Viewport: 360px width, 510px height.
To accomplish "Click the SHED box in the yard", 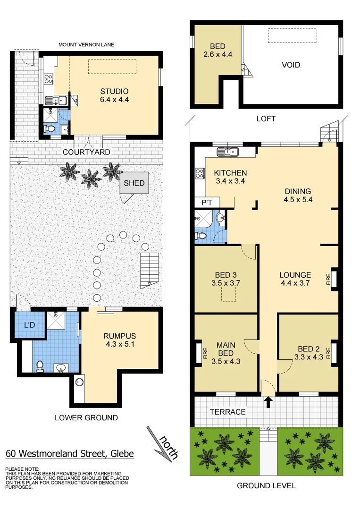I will [134, 184].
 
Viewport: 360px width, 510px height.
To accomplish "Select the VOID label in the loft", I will [291, 65].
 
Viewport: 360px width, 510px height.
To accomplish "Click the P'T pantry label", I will [207, 203].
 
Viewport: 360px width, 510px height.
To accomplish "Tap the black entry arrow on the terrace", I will [268, 402].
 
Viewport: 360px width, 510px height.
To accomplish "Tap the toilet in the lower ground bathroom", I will [41, 365].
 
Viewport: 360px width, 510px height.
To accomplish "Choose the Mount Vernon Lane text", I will [86, 45].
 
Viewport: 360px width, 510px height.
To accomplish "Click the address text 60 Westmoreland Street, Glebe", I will [70, 454].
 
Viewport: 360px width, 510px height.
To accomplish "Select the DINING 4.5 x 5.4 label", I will [298, 195].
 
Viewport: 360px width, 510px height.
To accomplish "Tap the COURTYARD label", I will [86, 152].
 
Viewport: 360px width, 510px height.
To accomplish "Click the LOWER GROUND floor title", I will [86, 417].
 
